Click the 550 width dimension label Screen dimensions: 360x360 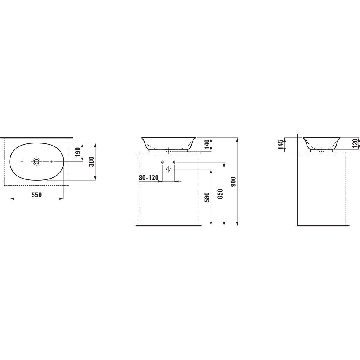[37, 195]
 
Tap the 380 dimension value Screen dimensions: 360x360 [91, 162]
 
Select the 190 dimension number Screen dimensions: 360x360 [78, 152]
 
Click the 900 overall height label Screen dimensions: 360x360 [233, 182]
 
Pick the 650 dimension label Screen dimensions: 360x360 [220, 194]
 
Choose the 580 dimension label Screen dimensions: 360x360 [207, 197]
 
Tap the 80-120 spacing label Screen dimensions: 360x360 [149, 178]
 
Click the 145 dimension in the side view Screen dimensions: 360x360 [280, 145]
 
